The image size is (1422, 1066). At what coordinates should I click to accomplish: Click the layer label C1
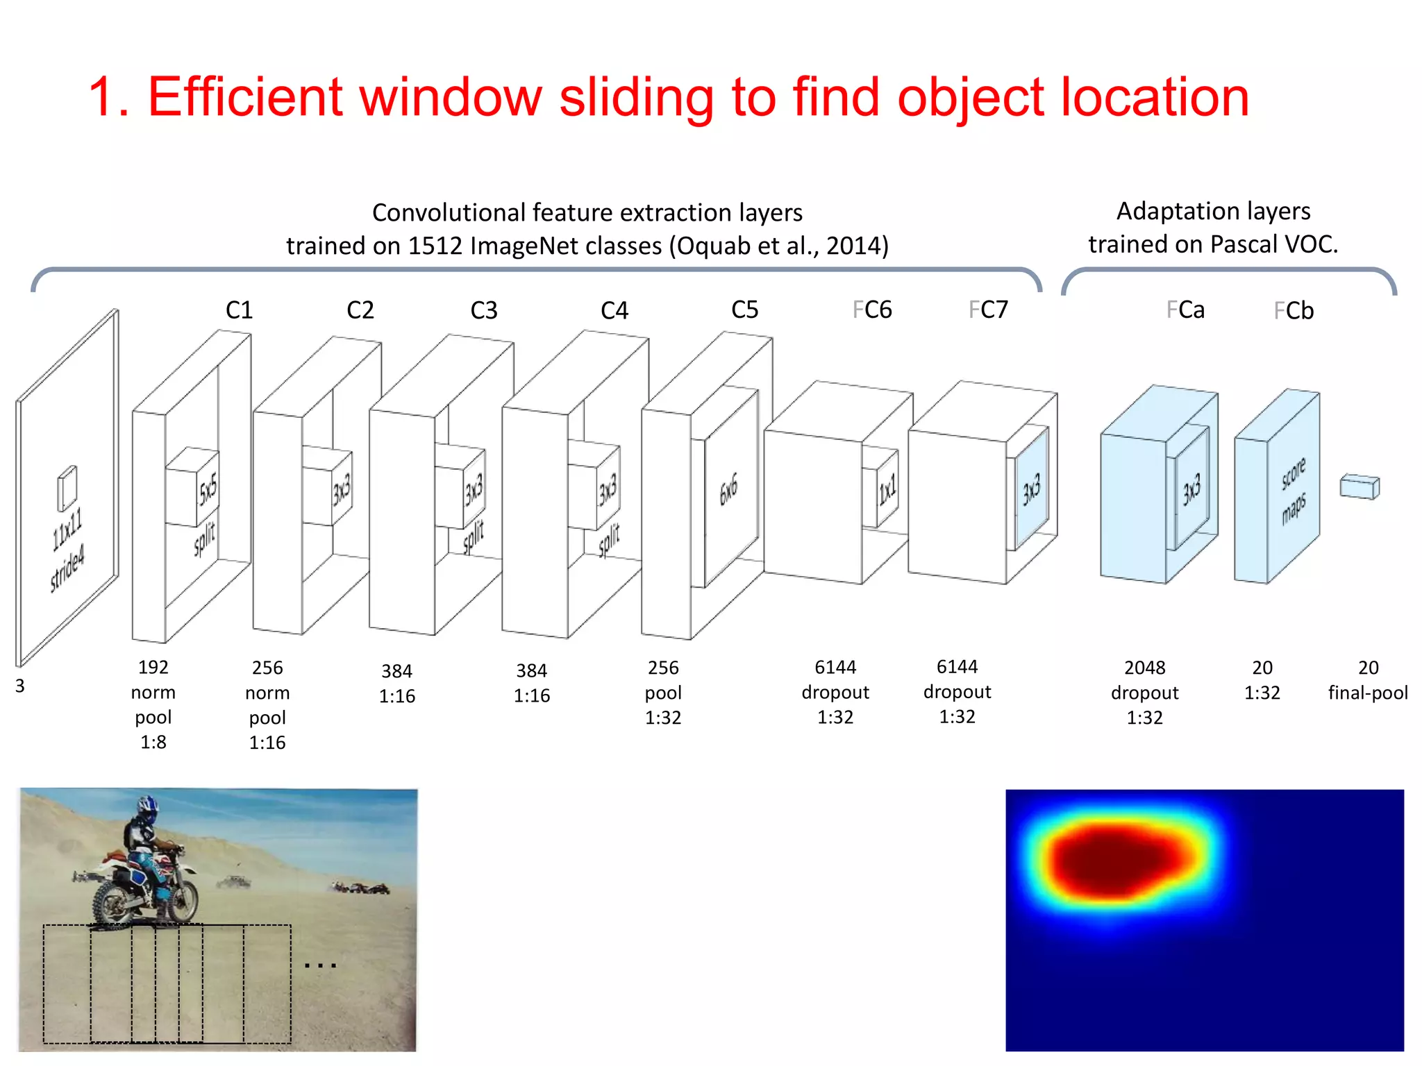point(239,310)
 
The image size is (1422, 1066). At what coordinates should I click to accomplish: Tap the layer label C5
point(744,310)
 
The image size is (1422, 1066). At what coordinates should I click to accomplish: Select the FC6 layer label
point(872,310)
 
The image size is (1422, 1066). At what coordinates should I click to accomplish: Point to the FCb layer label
point(1294,310)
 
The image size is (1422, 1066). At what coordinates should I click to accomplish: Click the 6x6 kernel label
point(728,491)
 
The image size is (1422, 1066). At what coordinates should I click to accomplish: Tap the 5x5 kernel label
point(208,490)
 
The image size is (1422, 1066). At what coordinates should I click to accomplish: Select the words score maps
point(1293,490)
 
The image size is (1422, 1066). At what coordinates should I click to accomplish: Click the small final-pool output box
point(1360,487)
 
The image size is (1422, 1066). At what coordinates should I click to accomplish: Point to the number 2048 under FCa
point(1144,668)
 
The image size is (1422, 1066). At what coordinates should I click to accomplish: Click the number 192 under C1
point(153,667)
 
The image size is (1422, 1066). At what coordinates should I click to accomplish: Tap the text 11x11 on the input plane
point(67,529)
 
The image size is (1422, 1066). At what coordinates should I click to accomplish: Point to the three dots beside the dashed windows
point(320,965)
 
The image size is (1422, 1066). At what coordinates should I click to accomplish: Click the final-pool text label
point(1367,693)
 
